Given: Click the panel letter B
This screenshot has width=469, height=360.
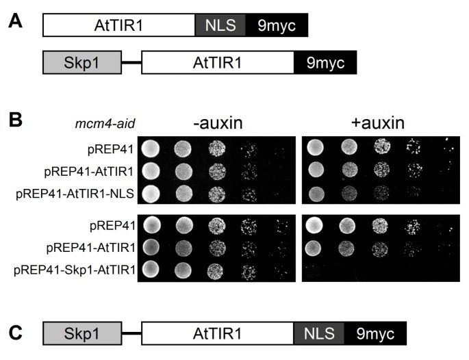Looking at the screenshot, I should [x=16, y=120].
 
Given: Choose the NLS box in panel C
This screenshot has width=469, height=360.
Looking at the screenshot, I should [x=318, y=333].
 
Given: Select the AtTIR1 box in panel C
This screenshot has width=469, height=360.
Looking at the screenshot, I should [x=217, y=333].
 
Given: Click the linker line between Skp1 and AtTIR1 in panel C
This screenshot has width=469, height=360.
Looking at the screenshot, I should [x=131, y=333].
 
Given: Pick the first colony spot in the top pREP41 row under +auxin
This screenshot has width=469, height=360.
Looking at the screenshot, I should [x=316, y=147].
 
